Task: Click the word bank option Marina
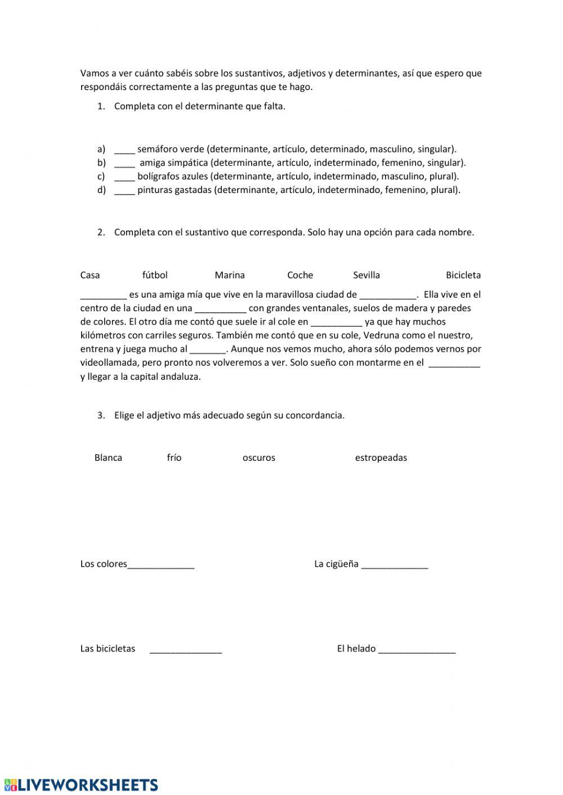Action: (x=230, y=275)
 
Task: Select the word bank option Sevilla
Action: (x=367, y=275)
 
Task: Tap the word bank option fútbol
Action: (x=155, y=275)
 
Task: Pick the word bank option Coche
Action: (x=300, y=275)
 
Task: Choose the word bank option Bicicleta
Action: (x=463, y=275)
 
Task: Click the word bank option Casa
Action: (x=90, y=275)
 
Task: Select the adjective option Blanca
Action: (x=108, y=457)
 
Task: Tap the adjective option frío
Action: (x=174, y=457)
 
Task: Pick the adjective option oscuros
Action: (x=259, y=457)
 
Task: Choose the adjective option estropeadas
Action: (x=381, y=457)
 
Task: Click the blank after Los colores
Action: (x=161, y=565)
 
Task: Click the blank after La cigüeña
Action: (x=395, y=565)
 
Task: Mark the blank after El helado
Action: (x=417, y=649)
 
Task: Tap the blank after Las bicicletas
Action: (x=186, y=649)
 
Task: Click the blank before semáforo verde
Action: (x=124, y=150)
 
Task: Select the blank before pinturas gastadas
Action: (x=124, y=191)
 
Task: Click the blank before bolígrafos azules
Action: (x=124, y=177)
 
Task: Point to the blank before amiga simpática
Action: (x=124, y=164)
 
